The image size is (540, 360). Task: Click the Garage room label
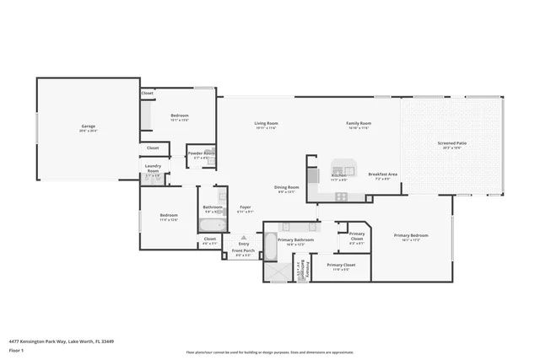[88, 128]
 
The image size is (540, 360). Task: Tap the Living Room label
[267, 125]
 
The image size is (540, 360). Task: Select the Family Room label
[359, 125]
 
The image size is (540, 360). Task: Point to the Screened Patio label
[451, 144]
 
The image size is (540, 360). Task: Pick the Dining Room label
[287, 189]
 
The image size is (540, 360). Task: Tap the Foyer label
[246, 207]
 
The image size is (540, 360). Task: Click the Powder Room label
[202, 154]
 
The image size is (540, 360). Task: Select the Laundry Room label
[153, 168]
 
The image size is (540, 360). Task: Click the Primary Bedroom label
[411, 237]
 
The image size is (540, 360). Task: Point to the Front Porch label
[244, 252]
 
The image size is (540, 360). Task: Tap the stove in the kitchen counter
[342, 196]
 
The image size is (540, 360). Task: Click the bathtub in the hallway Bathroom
[213, 225]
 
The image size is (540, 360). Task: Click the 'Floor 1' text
[17, 350]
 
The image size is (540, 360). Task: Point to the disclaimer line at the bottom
[270, 352]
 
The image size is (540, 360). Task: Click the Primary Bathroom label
[295, 241]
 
